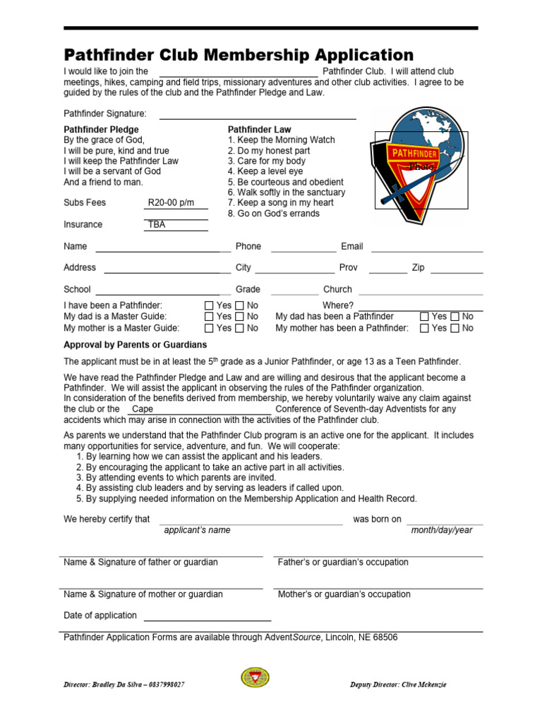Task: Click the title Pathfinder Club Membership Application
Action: coord(239,55)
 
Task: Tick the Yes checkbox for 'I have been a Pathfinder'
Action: coord(209,306)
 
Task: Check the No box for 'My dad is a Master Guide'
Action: coord(240,317)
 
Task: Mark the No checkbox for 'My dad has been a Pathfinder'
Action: coord(455,317)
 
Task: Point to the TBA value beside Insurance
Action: coord(156,225)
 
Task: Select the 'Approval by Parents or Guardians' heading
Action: coord(135,345)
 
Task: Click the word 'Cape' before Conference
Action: coord(143,409)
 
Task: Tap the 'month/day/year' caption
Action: coord(442,530)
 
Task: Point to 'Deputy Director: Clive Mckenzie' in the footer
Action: coord(398,685)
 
